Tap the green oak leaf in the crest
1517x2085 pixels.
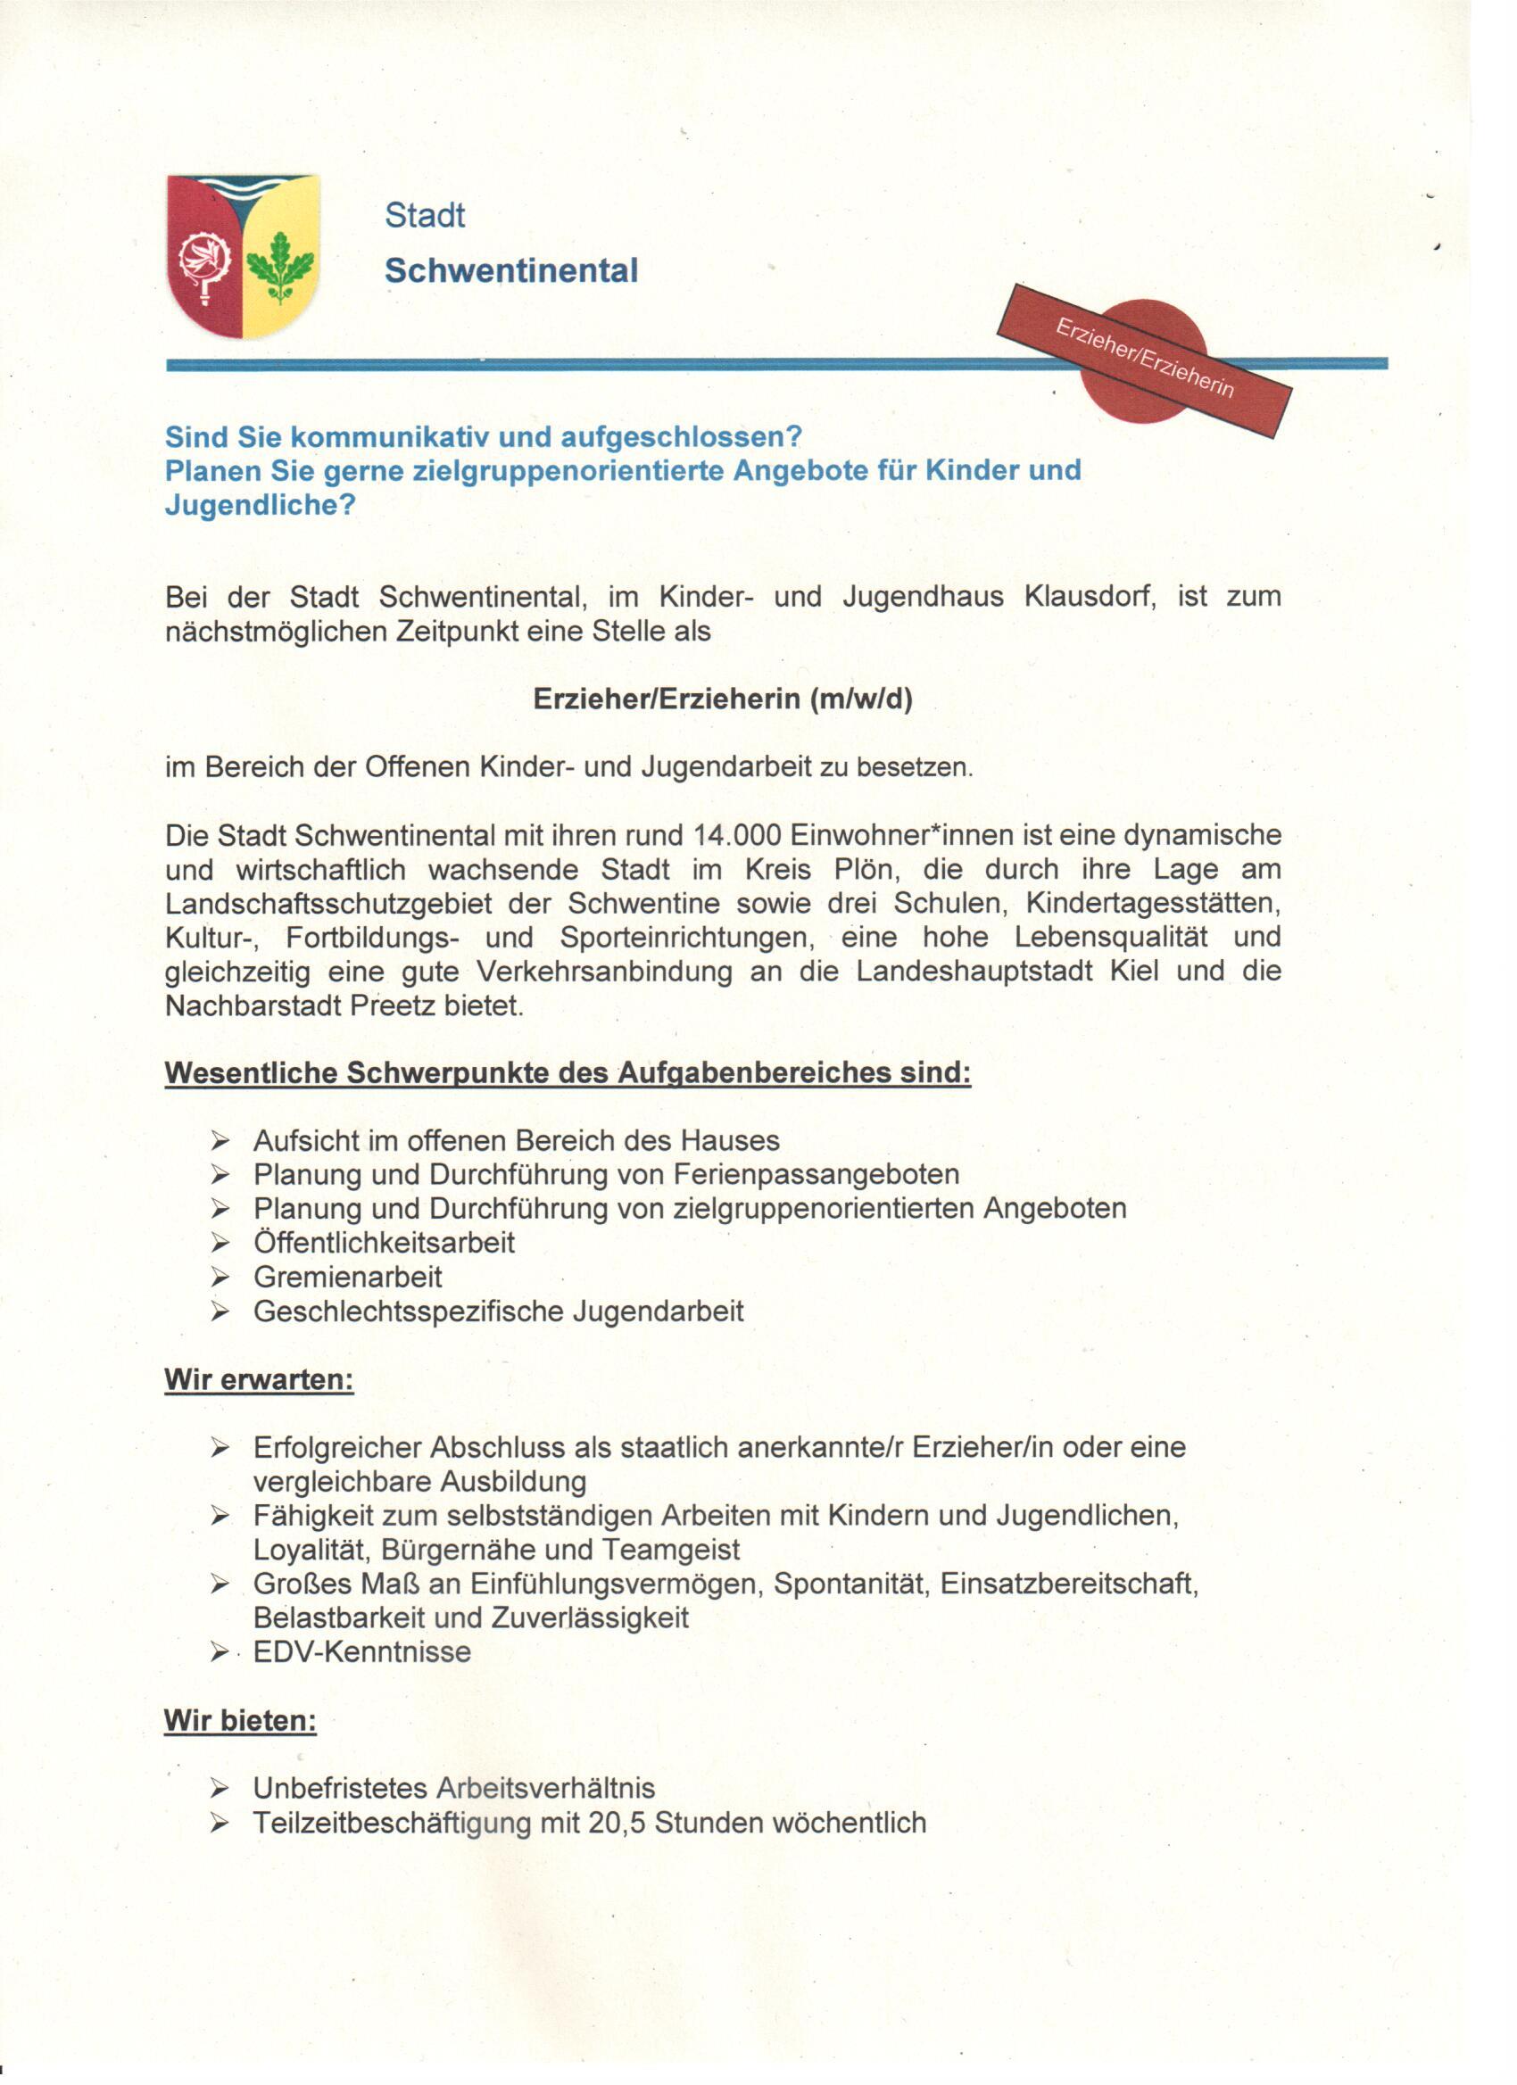[279, 267]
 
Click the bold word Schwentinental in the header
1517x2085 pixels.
[510, 270]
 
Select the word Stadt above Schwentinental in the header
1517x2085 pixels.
[424, 216]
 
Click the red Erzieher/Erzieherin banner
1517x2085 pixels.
[1145, 360]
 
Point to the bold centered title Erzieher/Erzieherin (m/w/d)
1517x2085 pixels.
[722, 699]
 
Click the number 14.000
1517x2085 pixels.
[737, 836]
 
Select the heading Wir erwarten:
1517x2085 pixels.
[259, 1380]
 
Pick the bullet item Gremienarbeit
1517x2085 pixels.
[347, 1277]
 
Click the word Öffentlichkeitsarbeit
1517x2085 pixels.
[384, 1243]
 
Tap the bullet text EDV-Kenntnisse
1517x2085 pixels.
[361, 1652]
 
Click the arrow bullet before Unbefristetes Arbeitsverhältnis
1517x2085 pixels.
[219, 1789]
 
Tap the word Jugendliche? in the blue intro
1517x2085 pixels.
[260, 505]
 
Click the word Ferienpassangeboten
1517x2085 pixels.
[816, 1175]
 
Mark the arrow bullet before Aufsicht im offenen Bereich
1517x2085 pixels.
[219, 1142]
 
